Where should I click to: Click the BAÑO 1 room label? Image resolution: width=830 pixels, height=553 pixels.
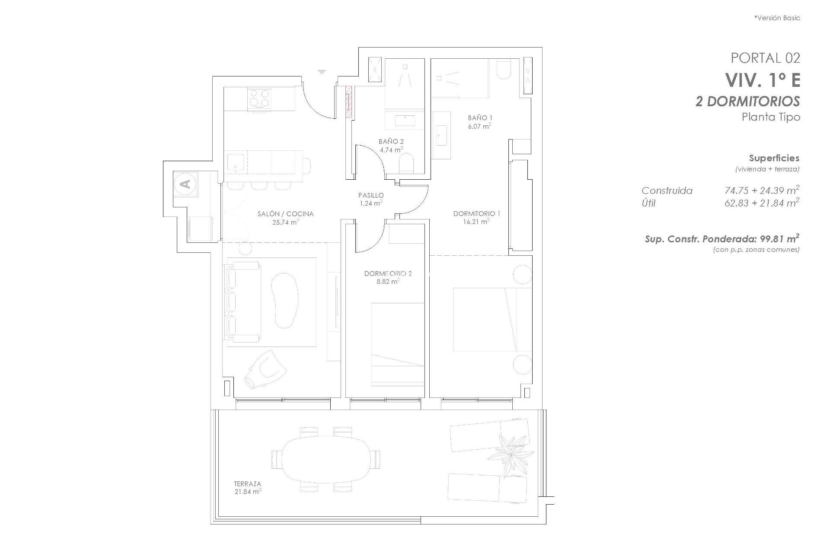[x=480, y=118]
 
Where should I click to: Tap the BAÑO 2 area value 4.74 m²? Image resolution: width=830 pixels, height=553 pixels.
[x=391, y=150]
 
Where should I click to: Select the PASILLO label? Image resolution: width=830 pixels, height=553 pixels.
[x=370, y=195]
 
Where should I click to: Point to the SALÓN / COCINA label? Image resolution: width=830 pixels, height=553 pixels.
[x=285, y=214]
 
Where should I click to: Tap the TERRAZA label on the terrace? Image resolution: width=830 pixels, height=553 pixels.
[x=248, y=484]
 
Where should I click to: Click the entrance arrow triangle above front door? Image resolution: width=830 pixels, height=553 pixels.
[x=322, y=72]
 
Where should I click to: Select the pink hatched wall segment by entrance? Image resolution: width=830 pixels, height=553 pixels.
[x=348, y=102]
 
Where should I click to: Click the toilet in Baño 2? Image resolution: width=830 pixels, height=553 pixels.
[x=407, y=164]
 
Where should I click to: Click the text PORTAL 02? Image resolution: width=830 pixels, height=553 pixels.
[x=765, y=58]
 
